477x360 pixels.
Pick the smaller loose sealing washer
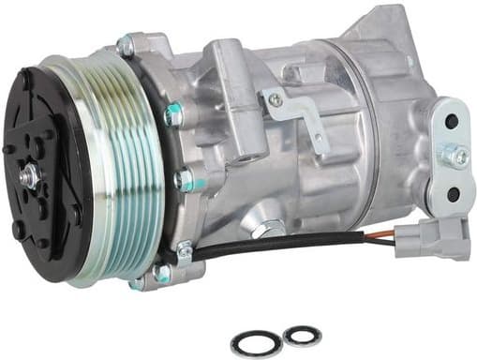[301, 335]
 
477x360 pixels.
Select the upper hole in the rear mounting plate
[451, 122]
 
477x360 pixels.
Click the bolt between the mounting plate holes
[456, 157]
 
